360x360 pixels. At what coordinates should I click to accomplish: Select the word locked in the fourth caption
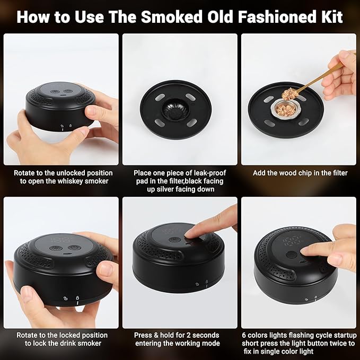pyautogui.click(x=80, y=335)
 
